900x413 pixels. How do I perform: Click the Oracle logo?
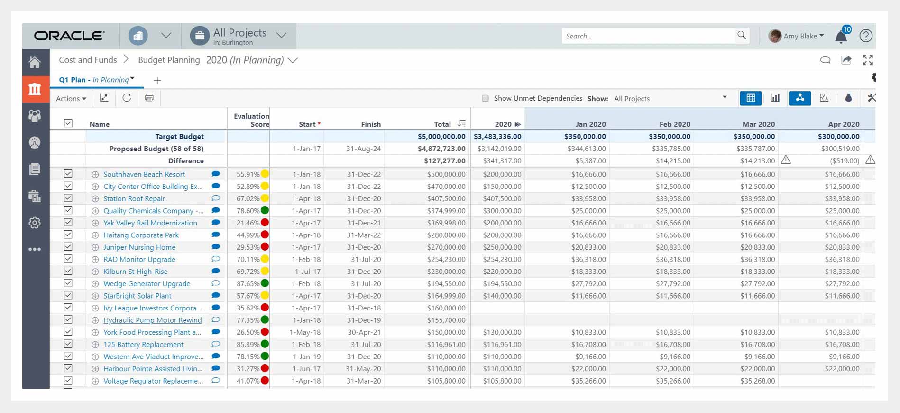tap(69, 36)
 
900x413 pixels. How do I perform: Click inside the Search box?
tap(648, 36)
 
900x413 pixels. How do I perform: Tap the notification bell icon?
tap(841, 37)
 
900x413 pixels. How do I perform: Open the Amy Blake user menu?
tap(797, 36)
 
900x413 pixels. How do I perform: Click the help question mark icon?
tap(866, 36)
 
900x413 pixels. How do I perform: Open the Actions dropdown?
tap(71, 99)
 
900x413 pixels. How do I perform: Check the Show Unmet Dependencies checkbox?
tap(485, 98)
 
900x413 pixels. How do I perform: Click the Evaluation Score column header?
tap(251, 120)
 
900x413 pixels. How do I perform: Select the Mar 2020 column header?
tap(758, 124)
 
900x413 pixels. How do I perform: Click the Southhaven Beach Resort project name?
tap(144, 174)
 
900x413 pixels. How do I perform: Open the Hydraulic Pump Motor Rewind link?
tap(152, 320)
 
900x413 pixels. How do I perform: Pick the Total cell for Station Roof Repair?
tap(446, 199)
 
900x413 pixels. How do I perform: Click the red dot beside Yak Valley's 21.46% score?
tap(265, 223)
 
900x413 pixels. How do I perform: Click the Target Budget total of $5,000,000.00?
tap(441, 137)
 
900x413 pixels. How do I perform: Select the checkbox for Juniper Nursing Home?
tap(68, 247)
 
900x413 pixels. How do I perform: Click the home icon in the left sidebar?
tap(35, 62)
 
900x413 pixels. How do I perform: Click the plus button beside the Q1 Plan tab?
tap(157, 81)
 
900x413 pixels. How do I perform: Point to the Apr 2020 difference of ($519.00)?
tap(845, 161)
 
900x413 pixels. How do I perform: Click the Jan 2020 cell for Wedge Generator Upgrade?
tap(588, 284)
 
